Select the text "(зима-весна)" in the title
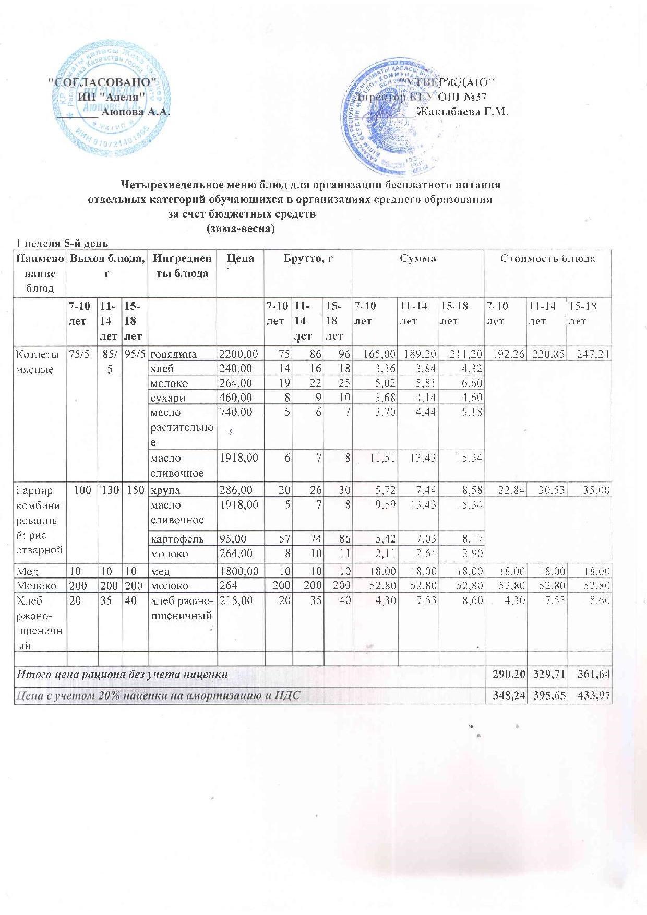pyautogui.click(x=241, y=229)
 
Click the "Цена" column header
pyautogui.click(x=240, y=258)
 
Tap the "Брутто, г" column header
pyautogui.click(x=308, y=258)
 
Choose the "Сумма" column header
pyautogui.click(x=418, y=258)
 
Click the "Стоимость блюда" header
pyautogui.click(x=548, y=258)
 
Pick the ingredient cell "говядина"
pyautogui.click(x=174, y=354)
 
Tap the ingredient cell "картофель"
pyautogui.click(x=177, y=538)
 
